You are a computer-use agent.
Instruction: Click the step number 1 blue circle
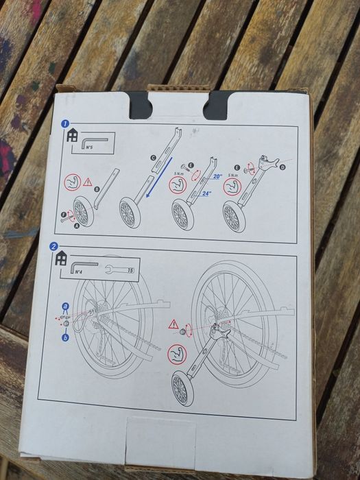pyautogui.click(x=64, y=125)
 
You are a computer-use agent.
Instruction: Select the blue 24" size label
pyautogui.click(x=206, y=193)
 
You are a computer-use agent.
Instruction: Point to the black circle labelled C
pyautogui.click(x=154, y=158)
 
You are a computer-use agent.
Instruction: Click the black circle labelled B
pyautogui.click(x=96, y=190)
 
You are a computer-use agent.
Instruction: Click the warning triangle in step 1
pyautogui.click(x=88, y=182)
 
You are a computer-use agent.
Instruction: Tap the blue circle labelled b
pyautogui.click(x=65, y=338)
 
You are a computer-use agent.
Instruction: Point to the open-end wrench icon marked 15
pyautogui.click(x=119, y=272)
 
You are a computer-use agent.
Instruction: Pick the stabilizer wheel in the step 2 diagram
pyautogui.click(x=181, y=389)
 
